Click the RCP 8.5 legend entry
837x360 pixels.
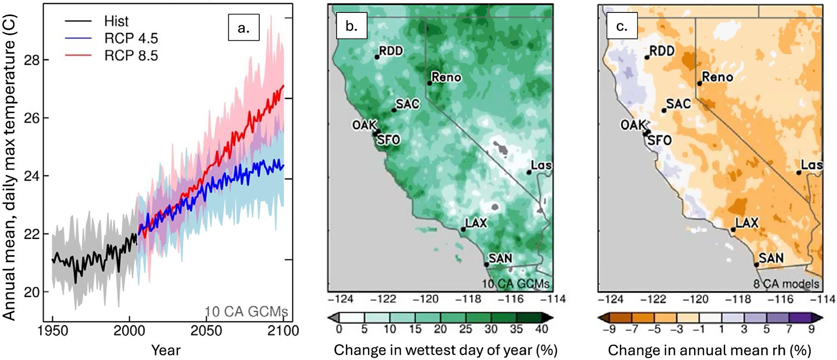point(112,55)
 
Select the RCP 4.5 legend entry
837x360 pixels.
point(112,38)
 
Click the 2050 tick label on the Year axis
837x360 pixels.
point(206,331)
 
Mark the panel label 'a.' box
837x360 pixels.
point(244,28)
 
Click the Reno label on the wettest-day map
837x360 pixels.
point(446,77)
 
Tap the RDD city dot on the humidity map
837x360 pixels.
point(647,58)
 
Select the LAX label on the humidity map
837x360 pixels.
point(747,223)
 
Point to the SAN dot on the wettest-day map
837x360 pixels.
point(486,265)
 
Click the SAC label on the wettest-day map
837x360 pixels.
point(408,104)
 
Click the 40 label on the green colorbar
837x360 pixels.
point(541,329)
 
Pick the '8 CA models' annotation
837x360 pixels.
point(786,284)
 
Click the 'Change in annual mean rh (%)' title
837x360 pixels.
point(709,350)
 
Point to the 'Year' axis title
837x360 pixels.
point(166,350)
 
